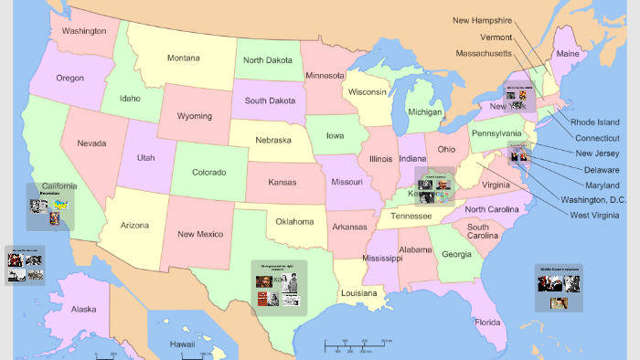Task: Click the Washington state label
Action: pos(84,30)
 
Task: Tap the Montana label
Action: pos(184,58)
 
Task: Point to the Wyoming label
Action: pos(194,116)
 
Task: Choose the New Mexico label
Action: pos(199,235)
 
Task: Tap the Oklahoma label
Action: pos(295,221)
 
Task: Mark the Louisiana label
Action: pos(358,293)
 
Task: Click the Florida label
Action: pos(487,323)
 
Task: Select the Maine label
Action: pos(568,55)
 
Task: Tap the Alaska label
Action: pos(83,309)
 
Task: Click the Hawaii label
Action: pos(183,344)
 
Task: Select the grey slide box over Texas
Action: pos(279,288)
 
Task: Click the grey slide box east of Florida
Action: pos(559,288)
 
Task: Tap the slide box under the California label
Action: pos(49,207)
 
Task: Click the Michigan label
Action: pos(424,112)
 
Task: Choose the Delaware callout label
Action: pos(602,169)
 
